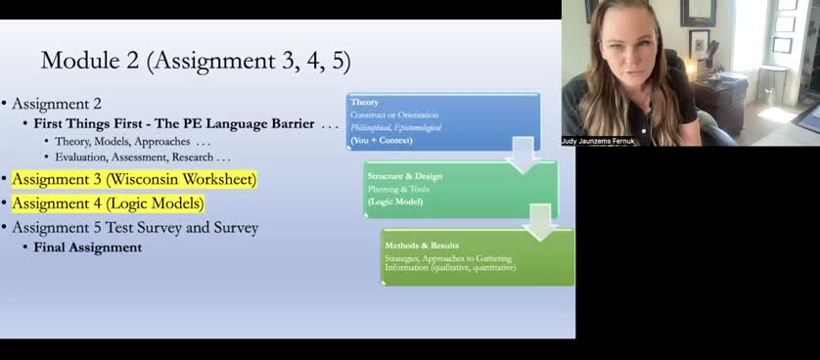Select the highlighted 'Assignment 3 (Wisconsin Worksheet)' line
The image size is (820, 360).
134,180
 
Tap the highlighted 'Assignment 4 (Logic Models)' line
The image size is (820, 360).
108,203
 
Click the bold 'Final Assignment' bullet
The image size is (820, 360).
88,247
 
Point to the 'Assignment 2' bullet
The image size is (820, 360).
57,103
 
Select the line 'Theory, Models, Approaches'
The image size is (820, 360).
132,141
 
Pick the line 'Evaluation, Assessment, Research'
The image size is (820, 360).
143,157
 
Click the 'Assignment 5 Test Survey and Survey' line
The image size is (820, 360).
135,228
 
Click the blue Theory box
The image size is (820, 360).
442,121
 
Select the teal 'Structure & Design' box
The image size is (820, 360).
460,189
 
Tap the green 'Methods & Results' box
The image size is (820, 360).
478,256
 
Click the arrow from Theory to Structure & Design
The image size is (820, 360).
524,155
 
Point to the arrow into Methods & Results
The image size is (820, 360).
540,222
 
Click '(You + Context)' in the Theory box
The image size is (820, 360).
382,140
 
